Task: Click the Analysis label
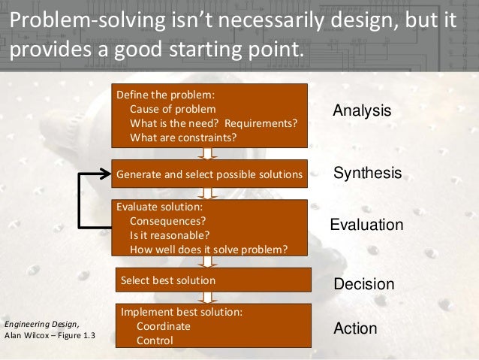pos(362,110)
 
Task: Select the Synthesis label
pos(367,174)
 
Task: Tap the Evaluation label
pos(366,225)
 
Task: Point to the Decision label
pos(363,284)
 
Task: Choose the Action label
pos(354,329)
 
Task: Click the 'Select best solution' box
pos(212,280)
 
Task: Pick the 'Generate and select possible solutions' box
pos(209,174)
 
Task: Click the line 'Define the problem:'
pos(164,95)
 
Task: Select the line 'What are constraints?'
pos(183,137)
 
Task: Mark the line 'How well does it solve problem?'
pos(208,250)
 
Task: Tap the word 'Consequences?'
pos(167,222)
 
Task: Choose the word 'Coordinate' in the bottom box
pos(163,326)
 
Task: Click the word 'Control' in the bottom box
pos(154,340)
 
